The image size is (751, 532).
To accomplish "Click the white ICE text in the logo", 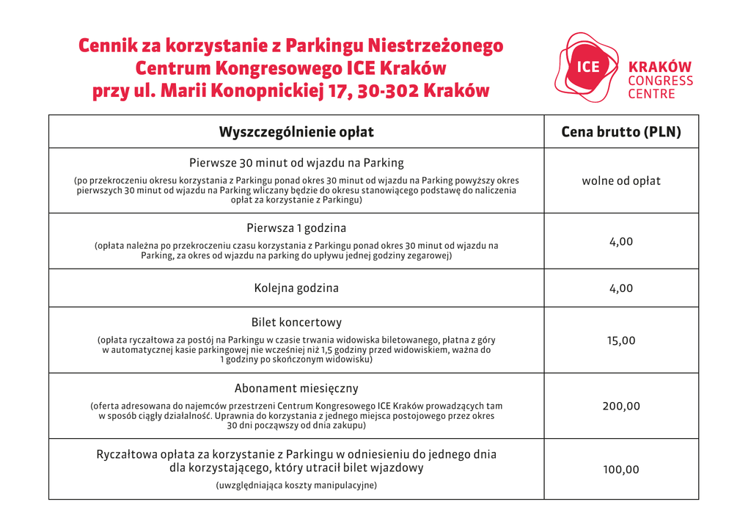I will point(588,67).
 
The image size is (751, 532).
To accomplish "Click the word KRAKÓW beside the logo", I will point(660,67).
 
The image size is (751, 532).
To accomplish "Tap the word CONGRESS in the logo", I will point(660,81).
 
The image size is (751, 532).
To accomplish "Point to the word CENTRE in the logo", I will point(651,94).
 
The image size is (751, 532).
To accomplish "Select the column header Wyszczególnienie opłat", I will point(296,132).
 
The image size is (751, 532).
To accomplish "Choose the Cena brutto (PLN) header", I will point(620,132).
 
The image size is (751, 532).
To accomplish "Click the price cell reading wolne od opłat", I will point(620,181).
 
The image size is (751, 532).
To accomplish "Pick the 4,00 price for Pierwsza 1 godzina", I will point(620,241).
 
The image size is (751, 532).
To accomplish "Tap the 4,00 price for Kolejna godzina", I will point(620,288).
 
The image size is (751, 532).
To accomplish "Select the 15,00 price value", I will point(620,340).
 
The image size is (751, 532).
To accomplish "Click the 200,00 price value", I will point(620,406).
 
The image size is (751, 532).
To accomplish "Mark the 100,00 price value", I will point(620,470).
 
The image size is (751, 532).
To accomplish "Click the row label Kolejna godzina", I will point(296,288).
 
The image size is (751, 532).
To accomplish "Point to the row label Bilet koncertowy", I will point(296,322).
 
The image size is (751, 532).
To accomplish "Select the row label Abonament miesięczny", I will point(296,388).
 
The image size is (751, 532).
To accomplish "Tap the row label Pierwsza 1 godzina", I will point(296,227).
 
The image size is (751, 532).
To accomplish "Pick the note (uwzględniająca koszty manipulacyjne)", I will point(296,485).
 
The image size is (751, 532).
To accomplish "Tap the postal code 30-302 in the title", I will point(388,91).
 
